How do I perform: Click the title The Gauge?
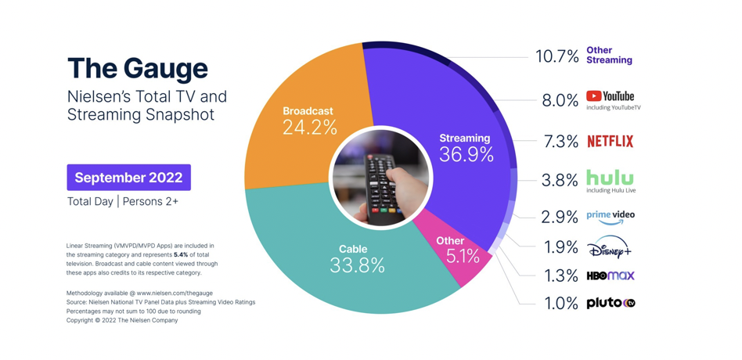pos(138,68)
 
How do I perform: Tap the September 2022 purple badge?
pos(129,178)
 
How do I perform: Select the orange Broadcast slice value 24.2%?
pos(309,127)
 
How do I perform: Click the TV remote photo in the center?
pos(381,178)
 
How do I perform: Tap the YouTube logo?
pos(611,96)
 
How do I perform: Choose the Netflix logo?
pos(611,142)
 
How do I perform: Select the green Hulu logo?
pos(610,178)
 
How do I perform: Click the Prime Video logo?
pos(611,216)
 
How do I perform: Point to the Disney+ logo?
pos(610,248)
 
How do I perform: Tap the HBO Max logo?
pos(611,276)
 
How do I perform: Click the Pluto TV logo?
pos(611,303)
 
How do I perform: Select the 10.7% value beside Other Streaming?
pos(557,56)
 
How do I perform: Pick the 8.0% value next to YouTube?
pos(560,100)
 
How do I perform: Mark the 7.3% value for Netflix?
pos(560,142)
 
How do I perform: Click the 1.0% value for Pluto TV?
pos(560,304)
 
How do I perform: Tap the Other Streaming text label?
pos(609,55)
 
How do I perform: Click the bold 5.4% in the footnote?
pos(179,254)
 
